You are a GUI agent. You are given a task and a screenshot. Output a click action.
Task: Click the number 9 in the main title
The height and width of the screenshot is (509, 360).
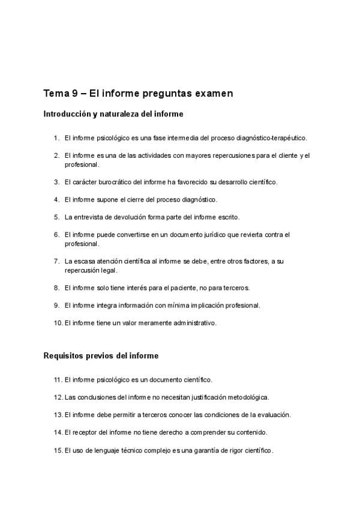[74, 94]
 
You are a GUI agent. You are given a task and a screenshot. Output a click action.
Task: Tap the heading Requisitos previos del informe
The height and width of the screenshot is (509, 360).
[101, 356]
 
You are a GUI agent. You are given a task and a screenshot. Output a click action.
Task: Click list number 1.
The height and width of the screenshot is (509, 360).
[56, 138]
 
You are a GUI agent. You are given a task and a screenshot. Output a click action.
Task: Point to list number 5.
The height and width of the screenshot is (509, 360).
[56, 217]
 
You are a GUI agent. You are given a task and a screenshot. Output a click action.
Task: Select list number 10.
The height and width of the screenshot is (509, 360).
[58, 323]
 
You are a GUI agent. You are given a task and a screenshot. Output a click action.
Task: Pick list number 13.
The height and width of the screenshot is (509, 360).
[58, 414]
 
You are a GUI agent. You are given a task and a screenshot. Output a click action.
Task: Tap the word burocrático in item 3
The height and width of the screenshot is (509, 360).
[121, 181]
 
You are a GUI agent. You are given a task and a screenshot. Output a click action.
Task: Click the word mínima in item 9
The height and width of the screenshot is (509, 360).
[172, 306]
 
